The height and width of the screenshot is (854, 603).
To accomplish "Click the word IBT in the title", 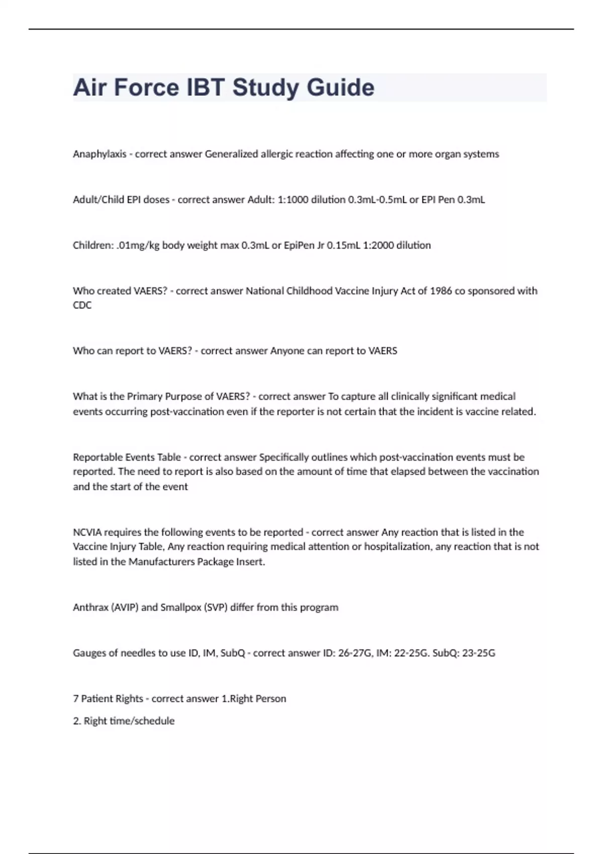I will pyautogui.click(x=205, y=87).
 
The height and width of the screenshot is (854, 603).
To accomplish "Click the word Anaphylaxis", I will pyautogui.click(x=99, y=154).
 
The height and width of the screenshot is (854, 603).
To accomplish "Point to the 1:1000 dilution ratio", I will pyautogui.click(x=293, y=200).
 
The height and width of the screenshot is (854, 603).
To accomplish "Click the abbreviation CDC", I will pyautogui.click(x=82, y=305).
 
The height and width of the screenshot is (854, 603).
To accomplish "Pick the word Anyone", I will pyautogui.click(x=287, y=351).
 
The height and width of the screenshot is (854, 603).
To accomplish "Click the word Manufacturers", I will pyautogui.click(x=161, y=562).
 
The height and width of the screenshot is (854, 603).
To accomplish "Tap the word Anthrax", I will pyautogui.click(x=88, y=607).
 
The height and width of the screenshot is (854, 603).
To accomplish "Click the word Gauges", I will pyautogui.click(x=89, y=653).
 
